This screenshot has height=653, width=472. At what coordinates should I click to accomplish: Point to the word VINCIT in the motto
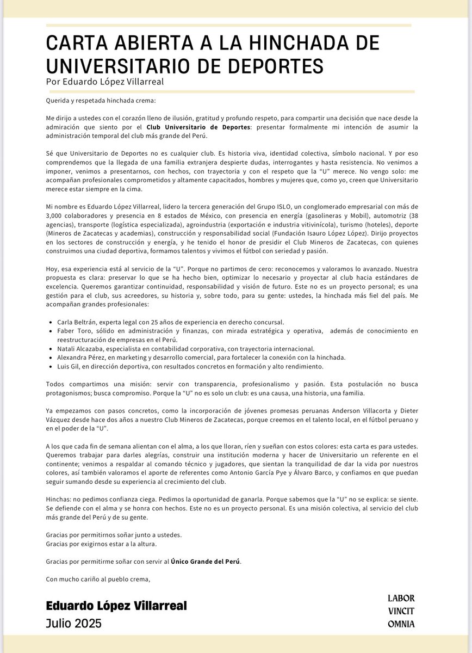tap(401, 611)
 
